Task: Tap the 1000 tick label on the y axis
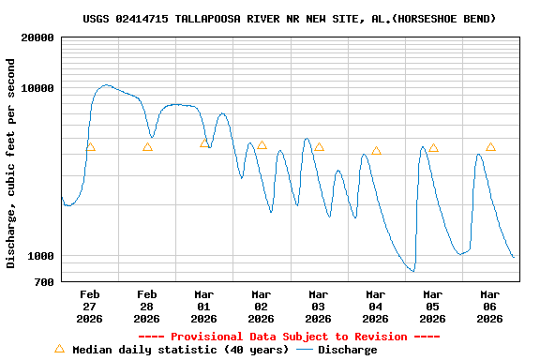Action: (x=40, y=256)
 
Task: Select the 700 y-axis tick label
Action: (x=44, y=281)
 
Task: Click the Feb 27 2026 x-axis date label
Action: (x=89, y=306)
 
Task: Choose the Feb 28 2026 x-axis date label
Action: (x=146, y=306)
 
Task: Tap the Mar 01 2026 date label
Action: (x=203, y=306)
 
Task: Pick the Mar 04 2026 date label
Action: (x=375, y=306)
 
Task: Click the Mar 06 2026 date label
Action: (x=489, y=306)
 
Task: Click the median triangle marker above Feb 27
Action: (x=90, y=146)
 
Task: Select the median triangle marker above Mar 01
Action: (x=204, y=142)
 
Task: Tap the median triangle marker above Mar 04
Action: (x=376, y=150)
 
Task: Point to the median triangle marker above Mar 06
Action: (x=490, y=146)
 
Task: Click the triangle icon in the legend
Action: (x=59, y=349)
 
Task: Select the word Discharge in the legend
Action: (x=347, y=350)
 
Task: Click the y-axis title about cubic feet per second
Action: (x=11, y=163)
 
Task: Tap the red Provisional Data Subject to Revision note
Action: (x=289, y=337)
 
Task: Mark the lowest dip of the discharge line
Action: (x=412, y=271)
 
